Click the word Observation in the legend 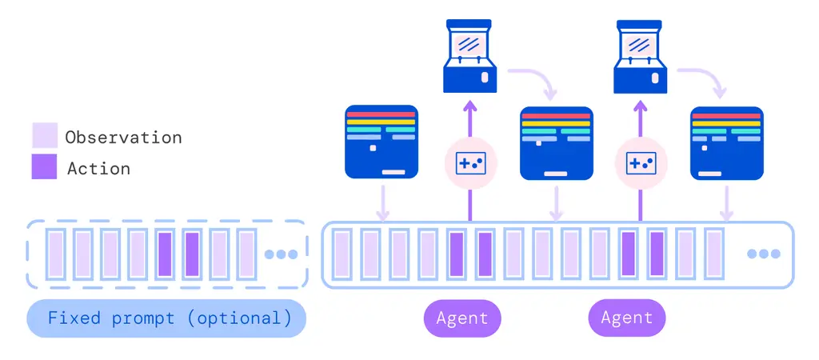[123, 138]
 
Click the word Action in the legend [98, 169]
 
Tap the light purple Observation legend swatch [45, 135]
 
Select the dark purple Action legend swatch [45, 166]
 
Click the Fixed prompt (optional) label [166, 318]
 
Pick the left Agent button [462, 318]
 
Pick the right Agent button [627, 318]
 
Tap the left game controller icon [470, 164]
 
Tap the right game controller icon [641, 164]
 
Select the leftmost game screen [382, 142]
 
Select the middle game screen [556, 142]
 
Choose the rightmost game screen [725, 142]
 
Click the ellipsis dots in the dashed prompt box [281, 254]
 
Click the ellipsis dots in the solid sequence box [763, 254]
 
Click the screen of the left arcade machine [470, 42]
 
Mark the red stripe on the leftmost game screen [381, 114]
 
